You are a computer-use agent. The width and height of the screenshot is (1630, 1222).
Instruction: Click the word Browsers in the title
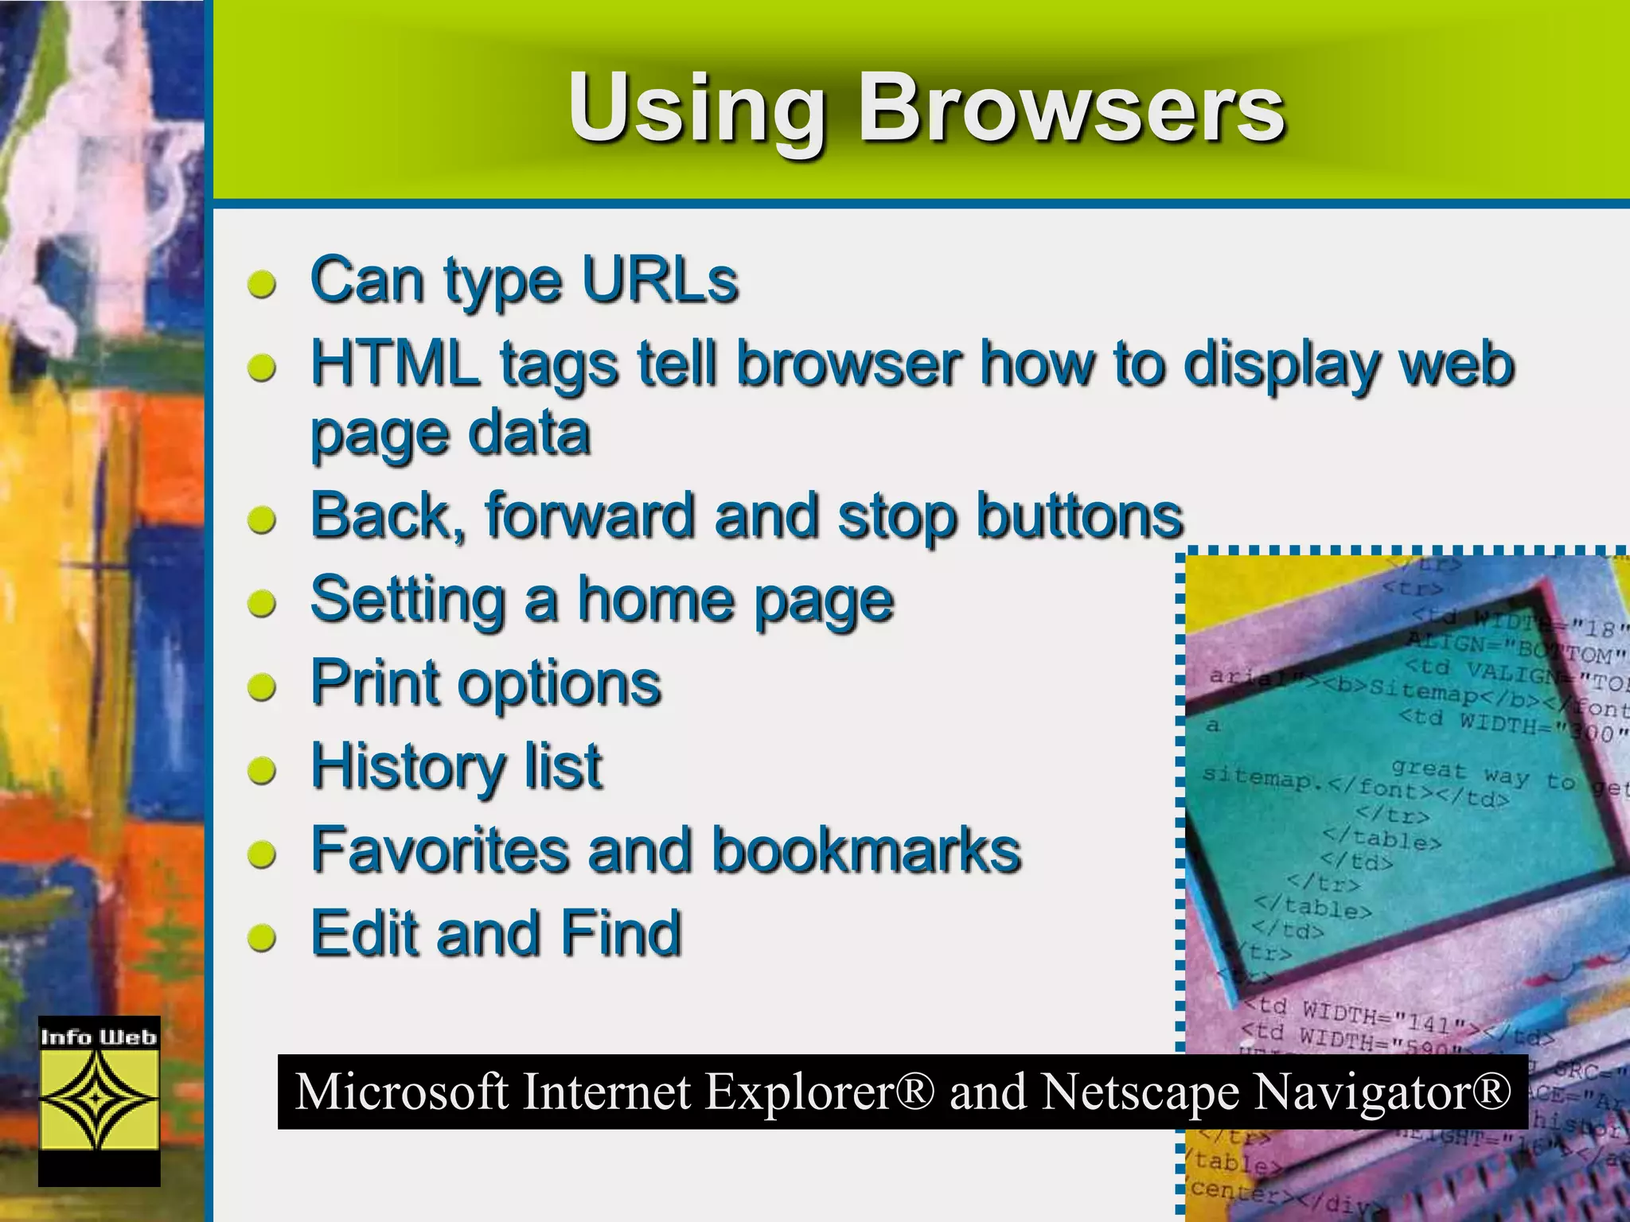pos(1070,107)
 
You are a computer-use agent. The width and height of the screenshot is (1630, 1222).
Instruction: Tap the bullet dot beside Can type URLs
pos(261,284)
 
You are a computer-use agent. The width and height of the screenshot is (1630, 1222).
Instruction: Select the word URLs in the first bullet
pos(660,280)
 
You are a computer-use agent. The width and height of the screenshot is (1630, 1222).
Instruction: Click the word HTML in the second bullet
pos(395,364)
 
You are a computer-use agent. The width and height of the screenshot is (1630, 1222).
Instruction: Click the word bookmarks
pos(866,850)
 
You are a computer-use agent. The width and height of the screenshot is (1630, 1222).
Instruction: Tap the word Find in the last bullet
pos(621,933)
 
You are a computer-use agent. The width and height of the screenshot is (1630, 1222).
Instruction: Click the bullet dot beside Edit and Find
pos(261,938)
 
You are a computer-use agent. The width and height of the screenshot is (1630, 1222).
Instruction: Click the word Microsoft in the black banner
pos(401,1092)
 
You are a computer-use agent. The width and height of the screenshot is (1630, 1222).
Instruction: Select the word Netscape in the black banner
pos(1140,1092)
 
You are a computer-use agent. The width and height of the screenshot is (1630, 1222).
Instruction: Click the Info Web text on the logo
pos(99,1037)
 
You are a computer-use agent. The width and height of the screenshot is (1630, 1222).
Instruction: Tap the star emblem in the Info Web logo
pos(99,1099)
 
